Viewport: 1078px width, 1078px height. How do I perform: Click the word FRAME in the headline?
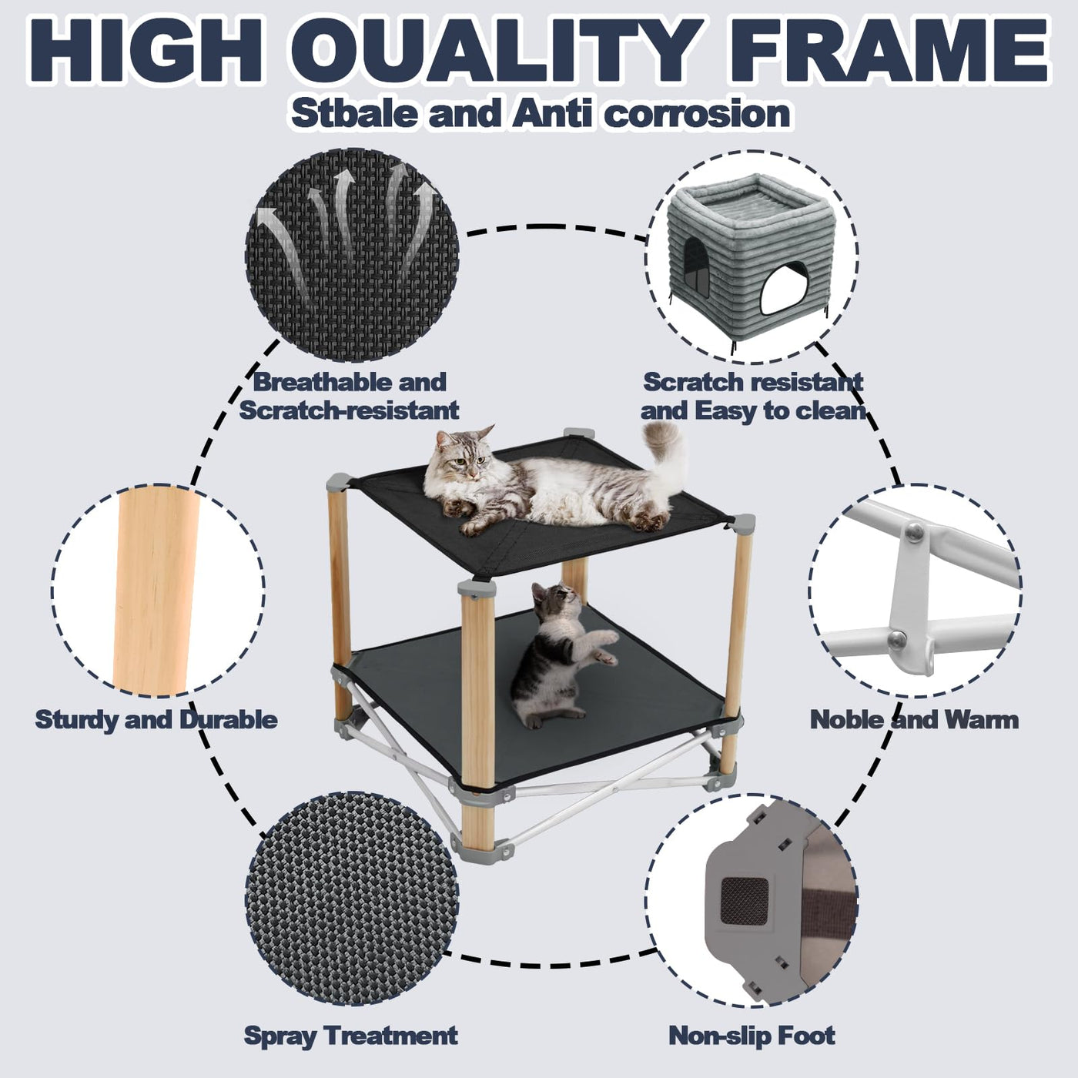890,52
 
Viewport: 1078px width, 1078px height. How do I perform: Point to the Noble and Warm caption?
914,719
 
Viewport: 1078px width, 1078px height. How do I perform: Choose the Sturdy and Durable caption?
156,719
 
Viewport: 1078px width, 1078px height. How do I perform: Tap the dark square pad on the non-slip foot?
744,901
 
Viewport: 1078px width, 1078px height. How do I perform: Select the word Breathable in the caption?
322,383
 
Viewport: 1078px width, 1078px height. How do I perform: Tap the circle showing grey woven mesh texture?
352,902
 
